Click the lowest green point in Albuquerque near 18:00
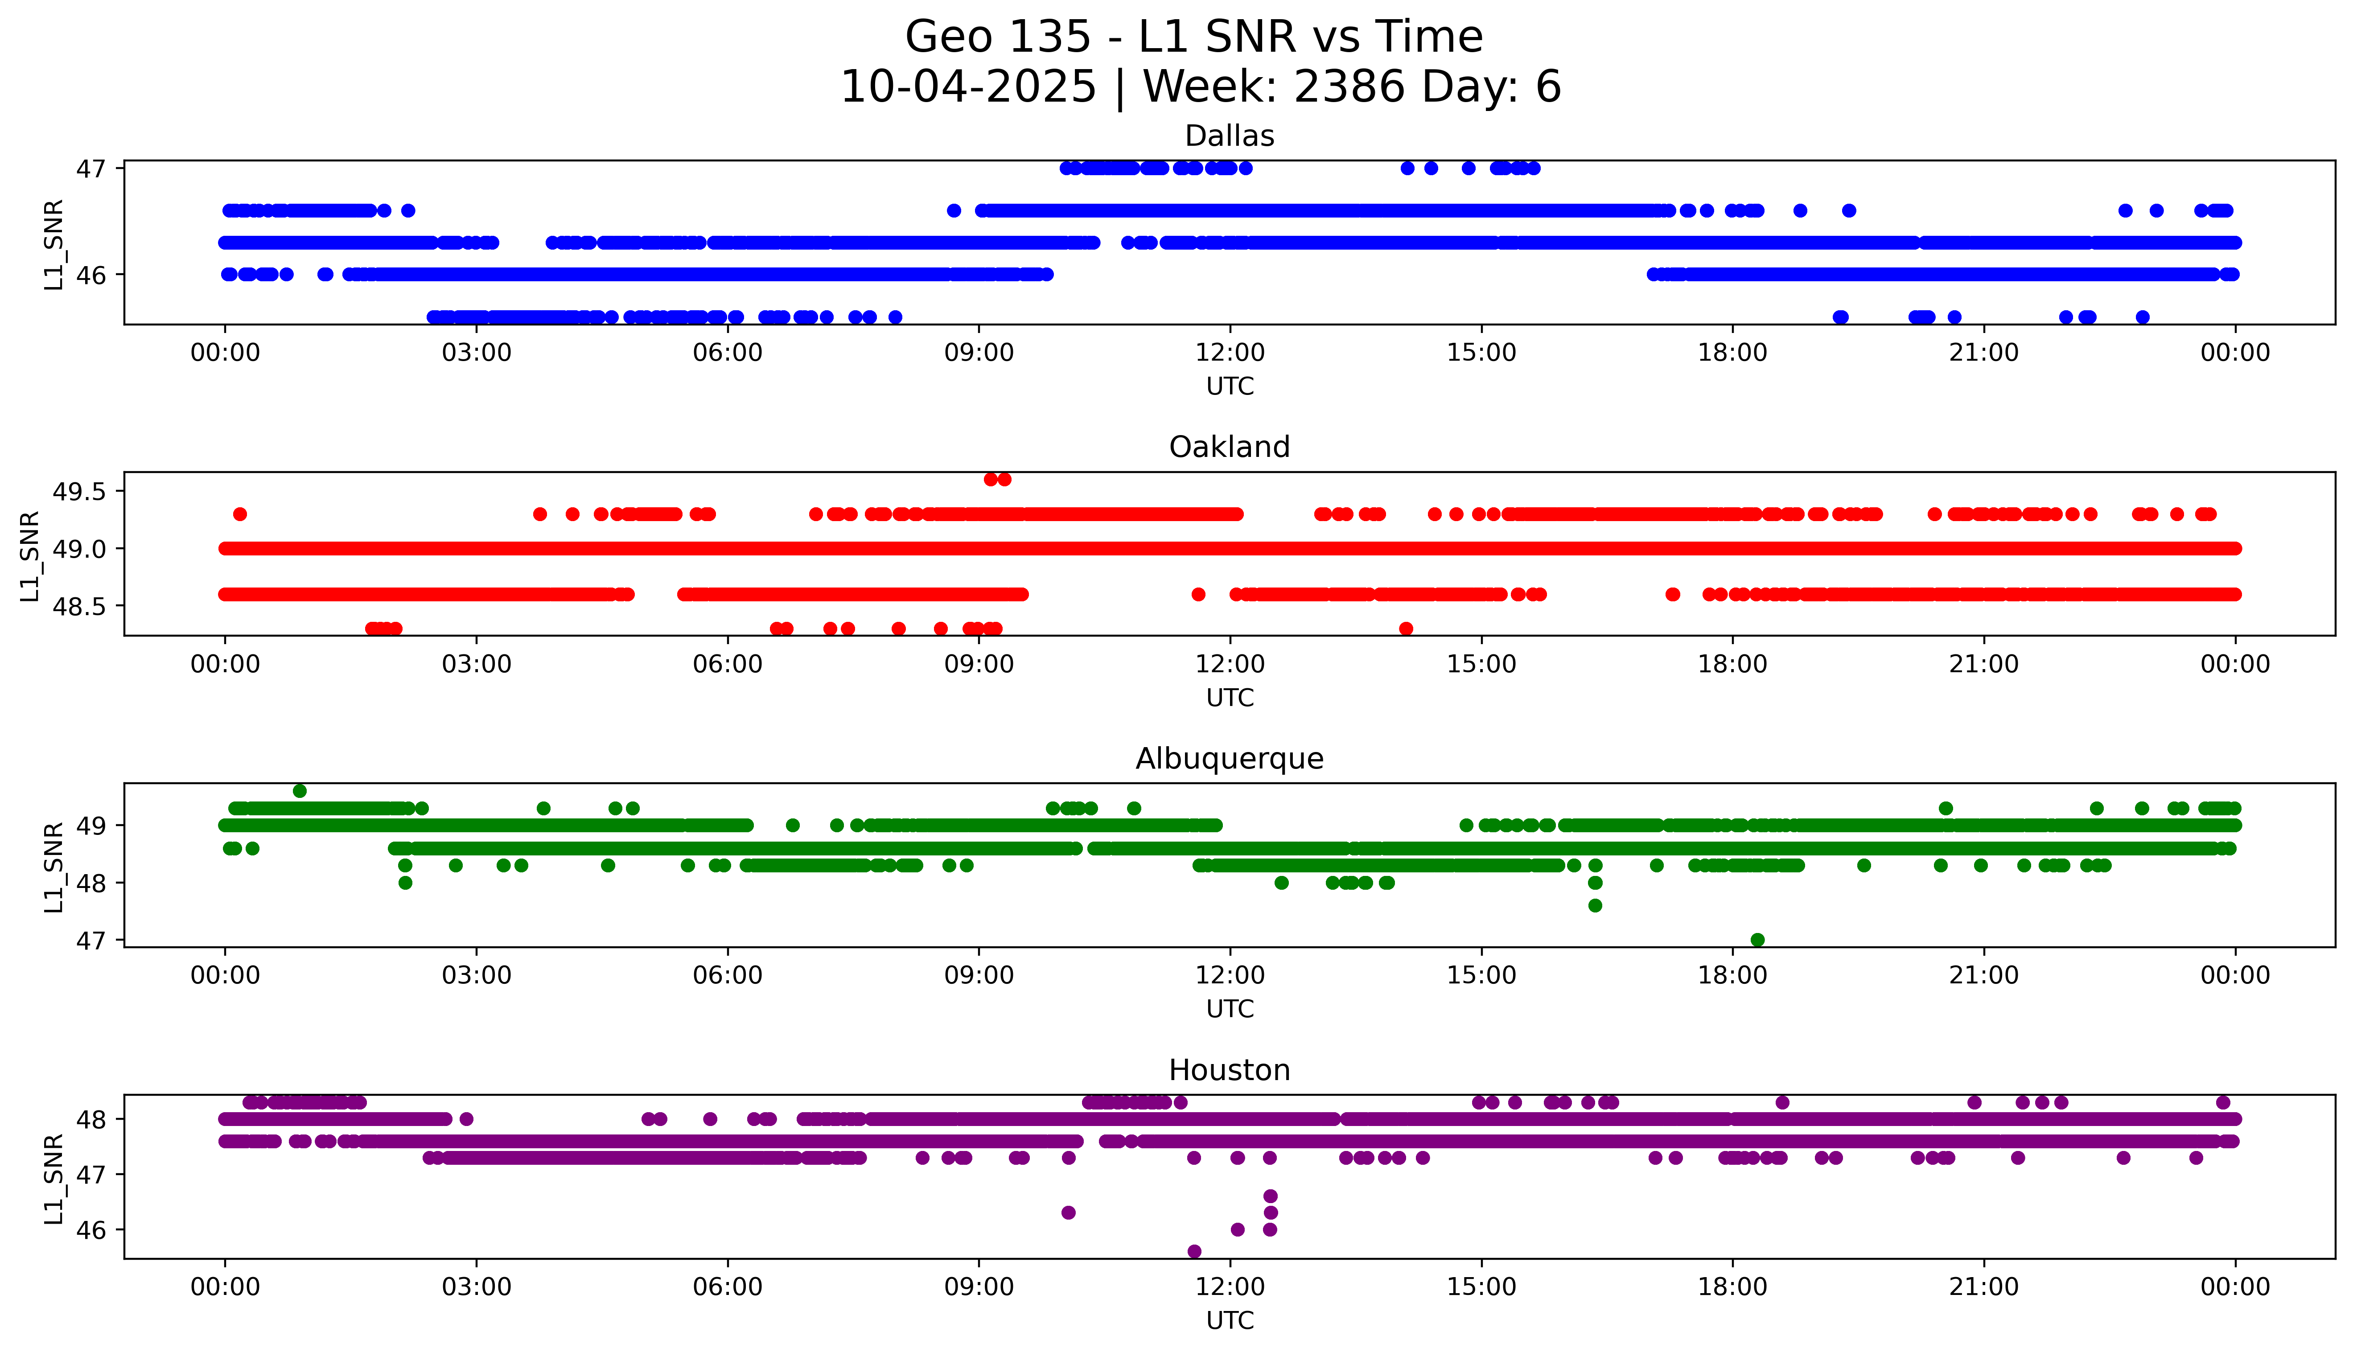pos(1757,940)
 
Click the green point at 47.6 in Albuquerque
pos(1595,905)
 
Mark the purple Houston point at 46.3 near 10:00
pos(1068,1213)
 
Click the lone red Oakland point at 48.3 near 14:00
pos(1406,629)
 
